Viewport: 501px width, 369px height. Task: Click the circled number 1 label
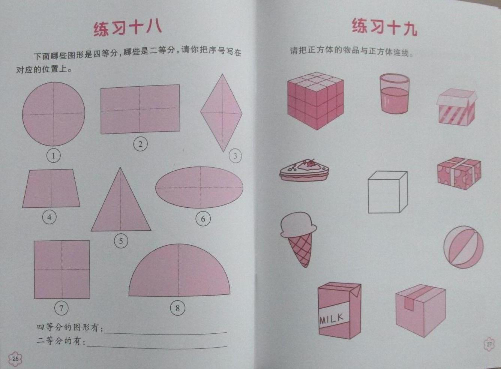[x=54, y=156]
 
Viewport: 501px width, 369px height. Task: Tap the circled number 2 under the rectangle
[x=141, y=144]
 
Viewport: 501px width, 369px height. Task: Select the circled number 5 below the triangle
[x=121, y=241]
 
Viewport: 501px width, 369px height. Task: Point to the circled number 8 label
[x=178, y=308]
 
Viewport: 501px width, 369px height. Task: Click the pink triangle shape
[x=121, y=206]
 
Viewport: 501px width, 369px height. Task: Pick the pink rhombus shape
[x=221, y=113]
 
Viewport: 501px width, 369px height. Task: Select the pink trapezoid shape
[x=51, y=188]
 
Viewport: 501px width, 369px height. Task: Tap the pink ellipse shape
[x=199, y=187]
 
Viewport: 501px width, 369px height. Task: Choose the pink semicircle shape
[x=179, y=271]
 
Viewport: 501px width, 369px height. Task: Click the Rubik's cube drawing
[x=315, y=100]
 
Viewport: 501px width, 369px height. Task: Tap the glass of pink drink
[x=394, y=93]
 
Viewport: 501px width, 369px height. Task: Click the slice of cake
[x=304, y=170]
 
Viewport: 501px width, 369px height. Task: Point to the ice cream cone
[x=298, y=239]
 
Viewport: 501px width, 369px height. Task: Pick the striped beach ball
[x=463, y=247]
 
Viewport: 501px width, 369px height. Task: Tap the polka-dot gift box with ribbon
[x=459, y=173]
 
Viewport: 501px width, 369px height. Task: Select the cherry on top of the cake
[x=310, y=163]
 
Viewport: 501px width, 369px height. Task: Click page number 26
[x=15, y=359]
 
